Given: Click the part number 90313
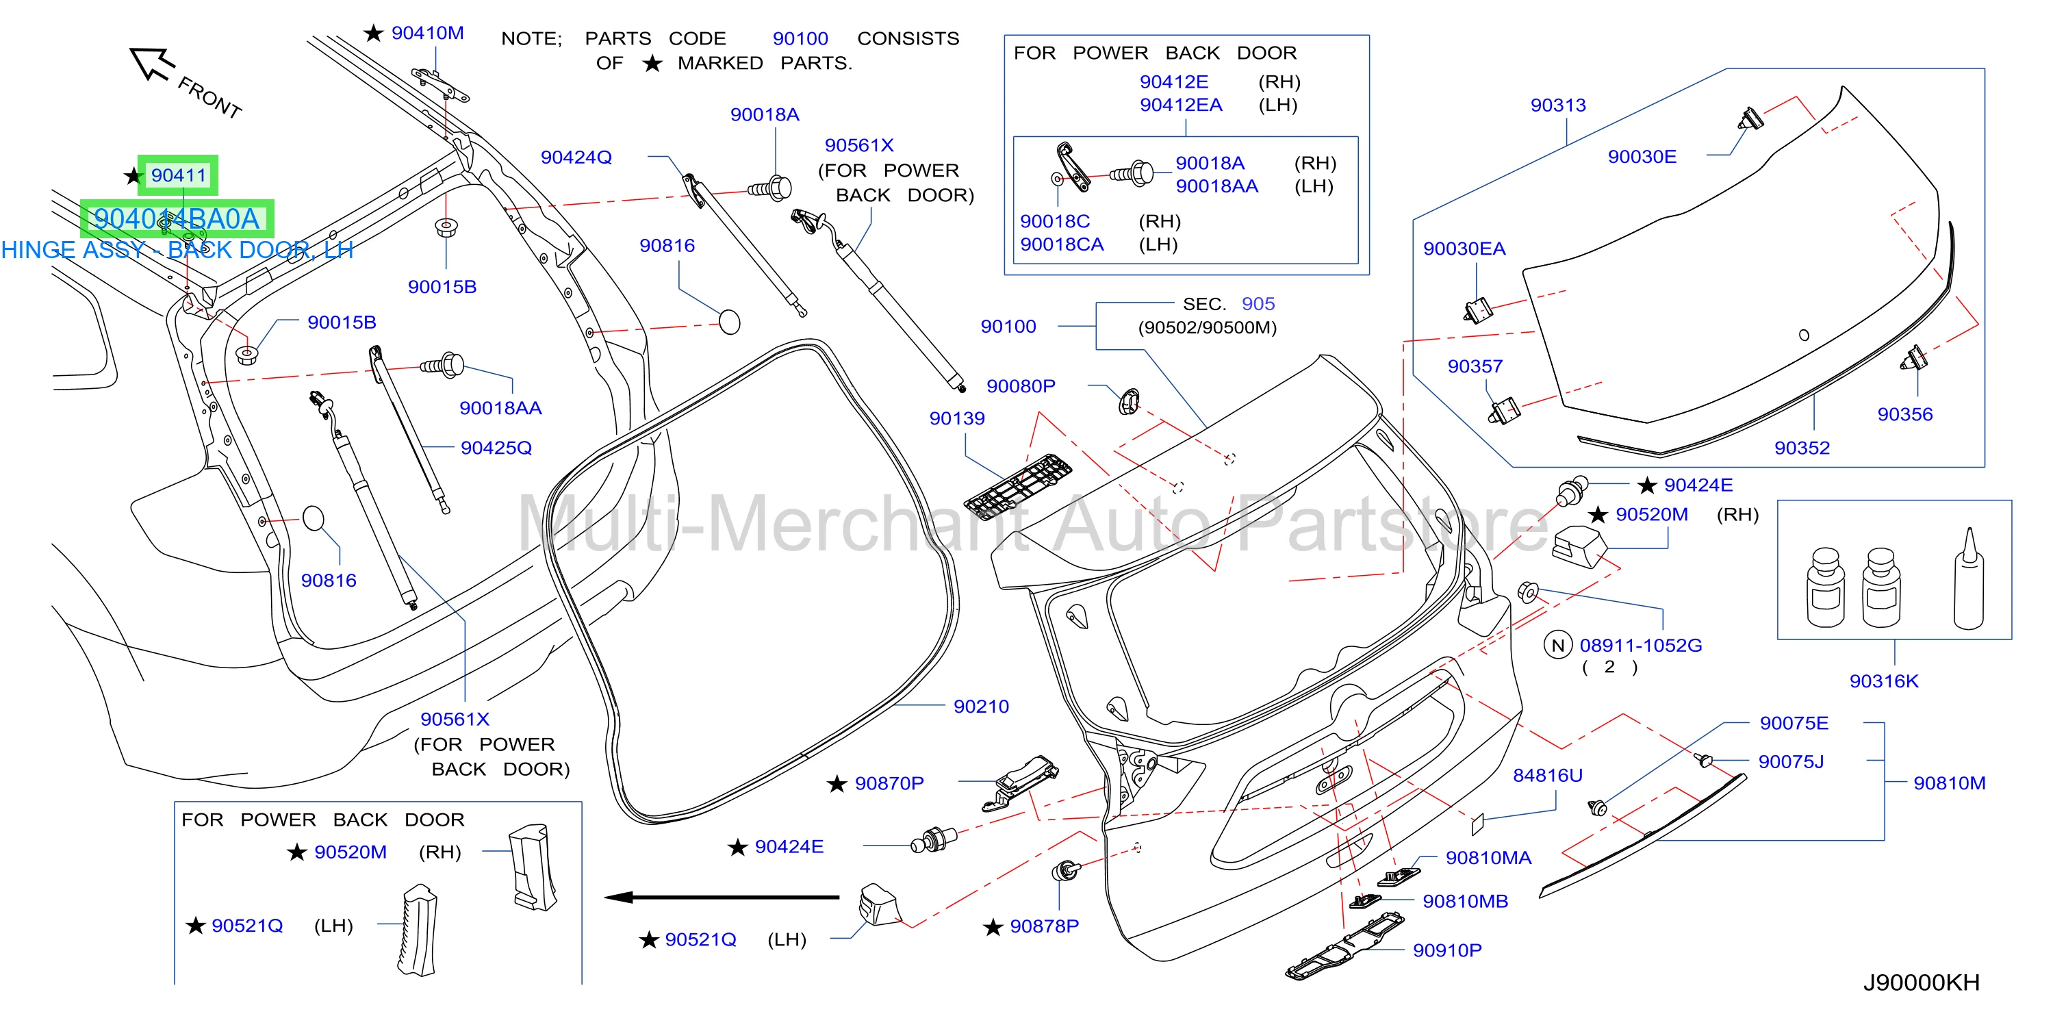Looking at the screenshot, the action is pyautogui.click(x=1557, y=105).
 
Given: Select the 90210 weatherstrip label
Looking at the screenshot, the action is pyautogui.click(x=981, y=707).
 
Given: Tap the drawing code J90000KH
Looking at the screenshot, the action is pyautogui.click(x=1921, y=982).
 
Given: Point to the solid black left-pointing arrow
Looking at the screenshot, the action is pyautogui.click(x=722, y=898).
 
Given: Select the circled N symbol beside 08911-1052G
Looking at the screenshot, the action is pyautogui.click(x=1557, y=645).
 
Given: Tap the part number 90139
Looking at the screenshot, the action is pyautogui.click(x=957, y=418).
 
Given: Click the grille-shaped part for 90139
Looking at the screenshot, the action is pyautogui.click(x=1018, y=487).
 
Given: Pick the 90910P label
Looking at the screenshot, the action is pyautogui.click(x=1447, y=950).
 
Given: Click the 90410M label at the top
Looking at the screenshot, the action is pyautogui.click(x=427, y=33).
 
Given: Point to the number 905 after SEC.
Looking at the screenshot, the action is pyautogui.click(x=1258, y=304).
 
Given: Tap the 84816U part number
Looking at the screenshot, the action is pyautogui.click(x=1547, y=776).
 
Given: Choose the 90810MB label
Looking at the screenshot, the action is pyautogui.click(x=1465, y=902).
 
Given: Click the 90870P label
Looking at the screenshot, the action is pyautogui.click(x=889, y=783).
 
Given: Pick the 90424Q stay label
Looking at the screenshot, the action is pyautogui.click(x=576, y=157).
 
